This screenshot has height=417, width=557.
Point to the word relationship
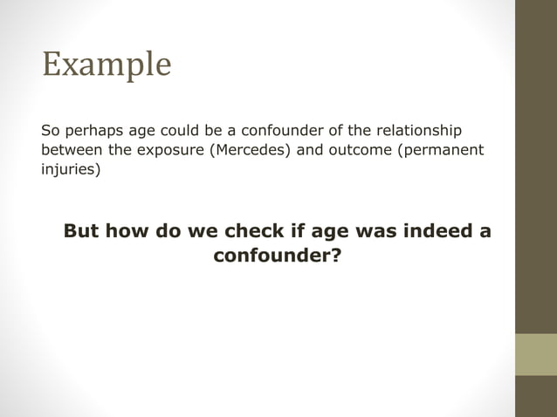click(418, 131)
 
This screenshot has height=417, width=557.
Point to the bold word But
click(81, 232)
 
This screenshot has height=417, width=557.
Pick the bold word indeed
click(435, 232)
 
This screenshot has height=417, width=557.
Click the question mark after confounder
click(335, 257)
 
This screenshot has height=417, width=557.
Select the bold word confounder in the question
click(272, 257)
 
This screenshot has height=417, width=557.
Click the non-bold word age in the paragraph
click(143, 132)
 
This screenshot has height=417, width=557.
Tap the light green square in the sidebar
click(535, 354)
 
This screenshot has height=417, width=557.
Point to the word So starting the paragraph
click(51, 131)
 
